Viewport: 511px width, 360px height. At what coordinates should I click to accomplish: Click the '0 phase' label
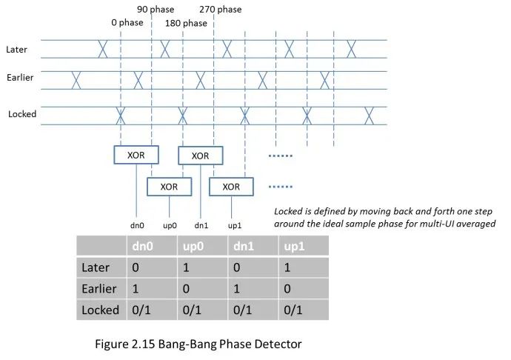pos(127,23)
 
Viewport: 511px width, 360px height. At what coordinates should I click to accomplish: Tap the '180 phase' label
pos(186,23)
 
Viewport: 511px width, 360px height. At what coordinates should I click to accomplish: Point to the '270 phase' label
pos(221,10)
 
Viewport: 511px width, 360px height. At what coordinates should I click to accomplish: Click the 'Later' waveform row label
pos(17,50)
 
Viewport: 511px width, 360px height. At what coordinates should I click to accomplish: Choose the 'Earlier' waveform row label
pos(21,77)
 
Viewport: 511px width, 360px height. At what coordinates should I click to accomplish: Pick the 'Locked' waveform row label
pos(22,114)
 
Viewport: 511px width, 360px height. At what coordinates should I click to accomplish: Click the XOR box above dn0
pos(136,154)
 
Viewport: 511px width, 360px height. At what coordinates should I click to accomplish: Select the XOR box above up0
pos(169,187)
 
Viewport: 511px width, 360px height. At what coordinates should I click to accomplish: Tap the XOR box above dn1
pos(200,156)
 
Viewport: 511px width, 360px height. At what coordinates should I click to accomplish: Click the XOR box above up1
pos(231,187)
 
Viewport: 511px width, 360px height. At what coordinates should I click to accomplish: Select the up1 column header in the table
pos(294,246)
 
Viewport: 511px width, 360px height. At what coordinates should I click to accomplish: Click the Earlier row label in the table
pos(98,288)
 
